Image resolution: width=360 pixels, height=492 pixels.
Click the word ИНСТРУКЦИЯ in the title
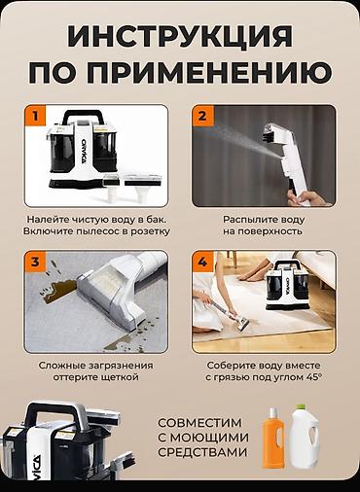[180, 37]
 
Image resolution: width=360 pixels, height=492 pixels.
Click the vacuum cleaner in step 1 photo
[83, 154]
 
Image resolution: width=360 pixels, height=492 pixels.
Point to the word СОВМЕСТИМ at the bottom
[204, 425]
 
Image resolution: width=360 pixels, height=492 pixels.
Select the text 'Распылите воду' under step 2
[263, 219]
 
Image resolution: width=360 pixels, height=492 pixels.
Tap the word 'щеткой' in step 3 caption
[127, 377]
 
